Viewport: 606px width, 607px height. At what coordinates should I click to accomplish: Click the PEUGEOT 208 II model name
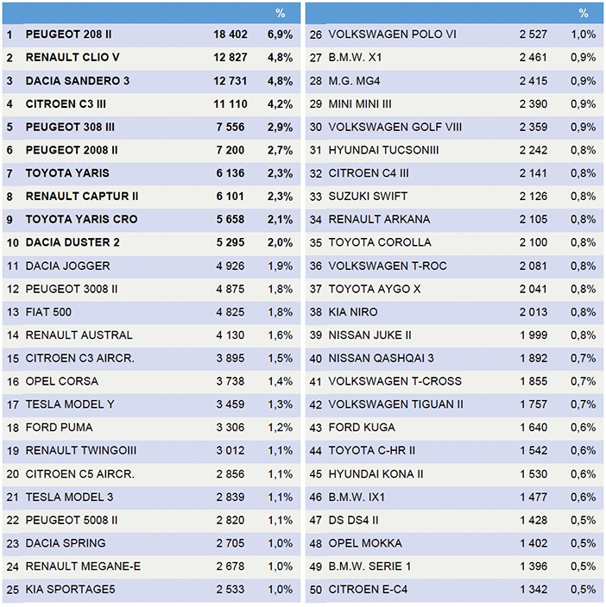(68, 34)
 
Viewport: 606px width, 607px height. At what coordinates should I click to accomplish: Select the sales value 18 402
(230, 34)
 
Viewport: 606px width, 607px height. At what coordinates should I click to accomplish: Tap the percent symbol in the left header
(281, 14)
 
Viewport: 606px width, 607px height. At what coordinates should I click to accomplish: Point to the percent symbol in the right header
(584, 14)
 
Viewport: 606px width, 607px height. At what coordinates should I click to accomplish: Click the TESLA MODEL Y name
(70, 404)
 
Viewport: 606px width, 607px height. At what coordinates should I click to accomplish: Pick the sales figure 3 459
(230, 404)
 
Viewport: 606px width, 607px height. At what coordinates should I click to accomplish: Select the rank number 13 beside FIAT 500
(12, 312)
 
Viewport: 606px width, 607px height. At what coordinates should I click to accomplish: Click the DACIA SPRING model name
(66, 543)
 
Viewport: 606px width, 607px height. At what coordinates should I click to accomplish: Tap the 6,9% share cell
(280, 34)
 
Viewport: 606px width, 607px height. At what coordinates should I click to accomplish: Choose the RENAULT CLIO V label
(73, 57)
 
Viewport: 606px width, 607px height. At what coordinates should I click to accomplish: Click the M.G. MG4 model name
(354, 81)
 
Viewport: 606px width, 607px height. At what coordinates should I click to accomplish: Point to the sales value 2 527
(533, 34)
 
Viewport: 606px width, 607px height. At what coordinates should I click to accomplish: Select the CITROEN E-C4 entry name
(368, 590)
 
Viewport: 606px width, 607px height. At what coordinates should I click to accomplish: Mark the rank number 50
(316, 590)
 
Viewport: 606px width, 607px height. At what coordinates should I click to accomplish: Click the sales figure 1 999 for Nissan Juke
(533, 335)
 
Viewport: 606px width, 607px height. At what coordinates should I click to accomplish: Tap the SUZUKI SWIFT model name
(368, 197)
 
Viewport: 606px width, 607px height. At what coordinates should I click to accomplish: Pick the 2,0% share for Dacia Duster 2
(280, 243)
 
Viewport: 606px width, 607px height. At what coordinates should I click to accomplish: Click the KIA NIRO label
(353, 312)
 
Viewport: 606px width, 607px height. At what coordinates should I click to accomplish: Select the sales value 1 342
(533, 590)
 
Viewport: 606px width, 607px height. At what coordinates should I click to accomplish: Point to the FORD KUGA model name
(362, 428)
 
